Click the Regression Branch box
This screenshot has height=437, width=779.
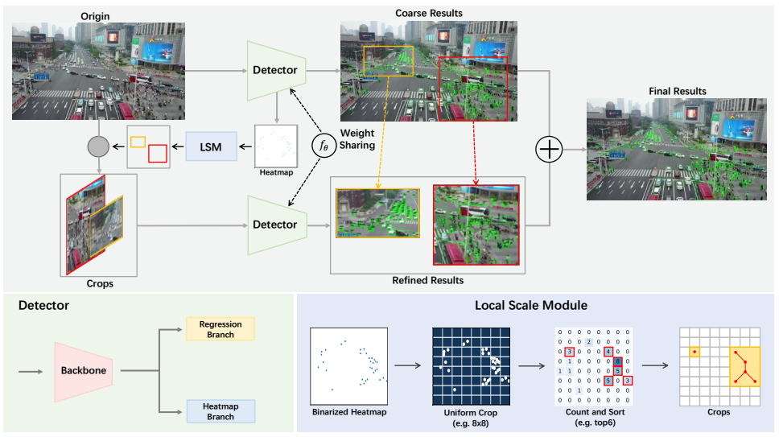point(220,328)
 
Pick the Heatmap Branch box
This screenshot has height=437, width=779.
point(220,411)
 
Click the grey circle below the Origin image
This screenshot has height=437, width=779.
point(98,146)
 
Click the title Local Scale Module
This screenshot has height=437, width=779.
point(534,306)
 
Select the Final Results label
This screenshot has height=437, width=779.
point(677,91)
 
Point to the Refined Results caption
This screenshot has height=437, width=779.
point(427,281)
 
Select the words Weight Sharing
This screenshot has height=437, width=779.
point(357,139)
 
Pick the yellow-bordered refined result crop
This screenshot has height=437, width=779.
point(377,212)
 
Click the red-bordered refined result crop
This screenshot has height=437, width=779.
point(476,225)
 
